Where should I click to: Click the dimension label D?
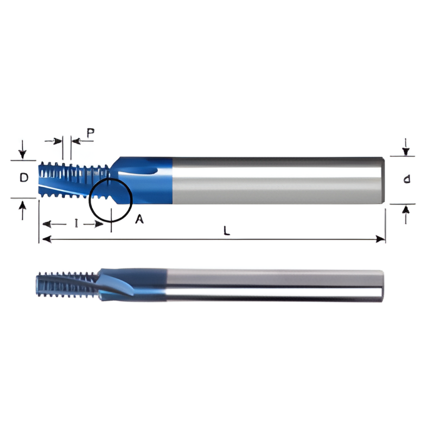click(x=24, y=178)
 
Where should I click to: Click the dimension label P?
click(x=91, y=132)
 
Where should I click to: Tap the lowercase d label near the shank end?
click(x=406, y=180)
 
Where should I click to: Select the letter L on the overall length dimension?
click(x=227, y=230)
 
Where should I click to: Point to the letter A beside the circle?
click(x=139, y=219)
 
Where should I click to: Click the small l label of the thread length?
click(x=76, y=224)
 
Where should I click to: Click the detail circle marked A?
click(x=111, y=199)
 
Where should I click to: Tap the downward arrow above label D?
click(x=22, y=150)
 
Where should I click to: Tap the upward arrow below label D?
click(x=22, y=209)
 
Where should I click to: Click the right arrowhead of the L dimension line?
click(x=381, y=239)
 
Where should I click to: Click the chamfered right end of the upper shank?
click(x=384, y=181)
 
